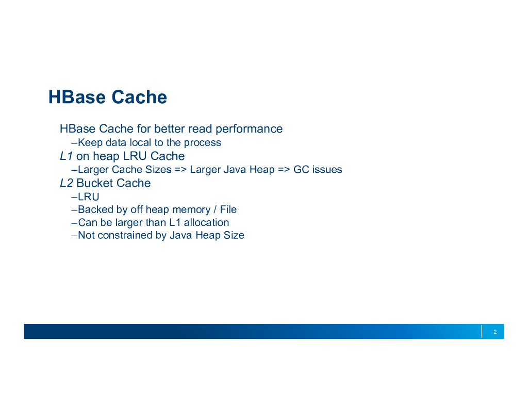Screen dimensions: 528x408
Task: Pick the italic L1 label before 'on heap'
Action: point(67,156)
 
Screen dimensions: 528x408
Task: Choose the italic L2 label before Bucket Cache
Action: point(67,184)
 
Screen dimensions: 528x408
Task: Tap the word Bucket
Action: point(94,184)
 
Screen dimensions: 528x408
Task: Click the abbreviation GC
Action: point(301,170)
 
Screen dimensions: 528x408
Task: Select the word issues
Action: point(327,170)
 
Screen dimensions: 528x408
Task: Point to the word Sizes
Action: point(158,170)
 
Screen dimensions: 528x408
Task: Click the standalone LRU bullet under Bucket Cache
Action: point(88,197)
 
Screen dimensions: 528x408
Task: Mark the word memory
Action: point(191,210)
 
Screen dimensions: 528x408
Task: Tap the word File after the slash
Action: point(228,210)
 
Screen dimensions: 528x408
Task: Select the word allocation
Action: point(206,223)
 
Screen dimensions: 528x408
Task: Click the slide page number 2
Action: point(495,332)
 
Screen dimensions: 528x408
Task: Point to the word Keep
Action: point(90,143)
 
